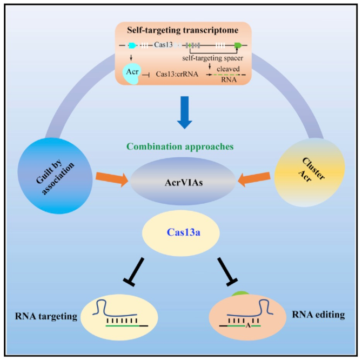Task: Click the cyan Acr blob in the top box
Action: (133, 72)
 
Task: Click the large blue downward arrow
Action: (184, 112)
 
